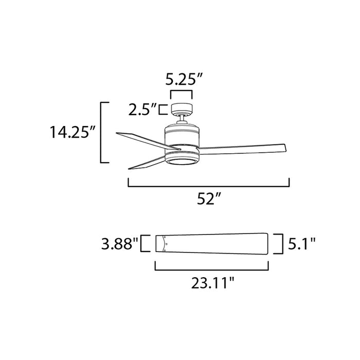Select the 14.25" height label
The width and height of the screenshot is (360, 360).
[x=74, y=133]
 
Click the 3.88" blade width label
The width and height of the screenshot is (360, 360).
[x=120, y=243]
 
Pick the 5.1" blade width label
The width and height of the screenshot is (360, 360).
[x=301, y=243]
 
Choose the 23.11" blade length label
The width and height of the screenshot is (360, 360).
[x=212, y=282]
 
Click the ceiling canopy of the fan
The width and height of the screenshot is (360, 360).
[x=182, y=109]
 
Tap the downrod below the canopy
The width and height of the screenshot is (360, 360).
[x=182, y=120]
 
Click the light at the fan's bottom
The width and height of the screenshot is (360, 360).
[x=181, y=162]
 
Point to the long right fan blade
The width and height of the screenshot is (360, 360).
[x=242, y=148]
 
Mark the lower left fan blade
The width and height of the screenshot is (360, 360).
[x=147, y=163]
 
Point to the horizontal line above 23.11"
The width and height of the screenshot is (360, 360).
[x=212, y=268]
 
